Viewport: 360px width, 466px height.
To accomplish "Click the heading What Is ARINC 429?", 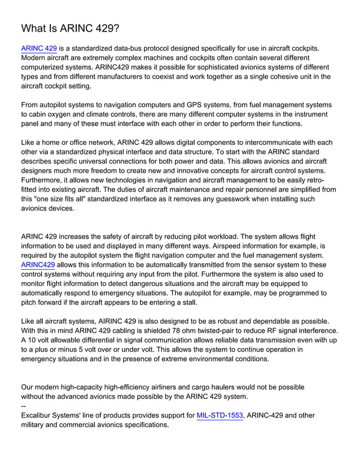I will [x=70, y=28].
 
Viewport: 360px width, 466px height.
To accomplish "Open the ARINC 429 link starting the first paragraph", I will [x=38, y=49].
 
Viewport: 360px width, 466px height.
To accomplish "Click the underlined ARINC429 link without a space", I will [x=38, y=265].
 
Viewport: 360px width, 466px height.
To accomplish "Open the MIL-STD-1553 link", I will [x=220, y=416].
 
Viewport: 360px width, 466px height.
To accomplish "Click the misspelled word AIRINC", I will [x=117, y=320].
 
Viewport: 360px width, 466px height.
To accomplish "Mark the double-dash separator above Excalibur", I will [x=23, y=406].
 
